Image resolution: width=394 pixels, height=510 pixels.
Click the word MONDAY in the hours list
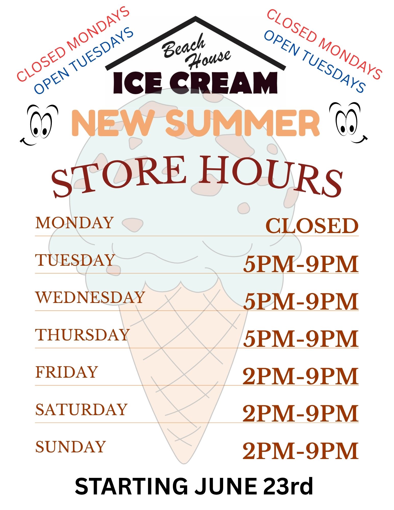(x=74, y=223)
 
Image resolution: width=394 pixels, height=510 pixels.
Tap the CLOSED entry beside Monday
(x=312, y=226)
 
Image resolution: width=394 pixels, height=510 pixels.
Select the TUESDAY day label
(x=75, y=260)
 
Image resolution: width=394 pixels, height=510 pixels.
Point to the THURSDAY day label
(x=82, y=335)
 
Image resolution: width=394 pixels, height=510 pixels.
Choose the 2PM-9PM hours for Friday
(x=300, y=376)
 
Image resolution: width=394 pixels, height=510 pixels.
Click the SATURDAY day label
(x=81, y=409)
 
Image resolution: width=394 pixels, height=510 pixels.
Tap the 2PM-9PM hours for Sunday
(x=300, y=451)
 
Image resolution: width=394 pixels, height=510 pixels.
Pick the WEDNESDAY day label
(x=90, y=297)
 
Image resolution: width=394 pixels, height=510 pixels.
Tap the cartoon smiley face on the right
(x=348, y=123)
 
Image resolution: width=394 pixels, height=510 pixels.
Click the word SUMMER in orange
(x=243, y=123)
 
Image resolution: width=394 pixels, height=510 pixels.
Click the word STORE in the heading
(x=119, y=176)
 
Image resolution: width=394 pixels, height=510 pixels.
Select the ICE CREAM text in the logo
(x=195, y=83)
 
